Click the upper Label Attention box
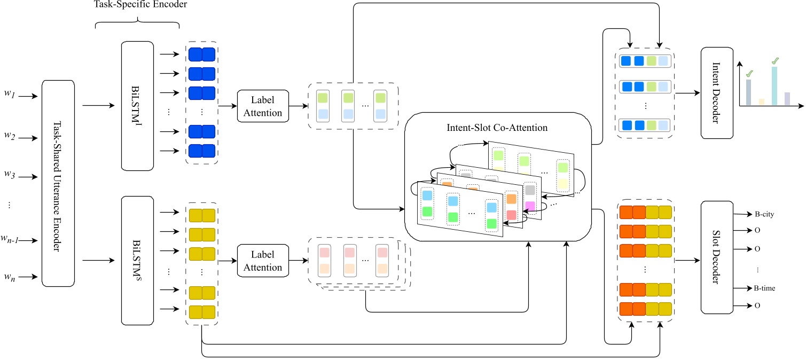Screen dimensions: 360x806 coord(263,107)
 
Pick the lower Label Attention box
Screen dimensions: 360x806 coord(263,261)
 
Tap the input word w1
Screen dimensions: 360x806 coord(10,96)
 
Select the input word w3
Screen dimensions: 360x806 coord(10,175)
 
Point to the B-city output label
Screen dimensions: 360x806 coord(765,214)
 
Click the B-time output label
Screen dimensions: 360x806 coord(765,288)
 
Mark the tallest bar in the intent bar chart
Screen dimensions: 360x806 coord(774,85)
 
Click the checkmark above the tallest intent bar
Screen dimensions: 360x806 coord(774,62)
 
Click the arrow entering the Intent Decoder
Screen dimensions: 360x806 coord(688,92)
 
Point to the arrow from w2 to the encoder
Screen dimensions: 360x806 coord(27,136)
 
